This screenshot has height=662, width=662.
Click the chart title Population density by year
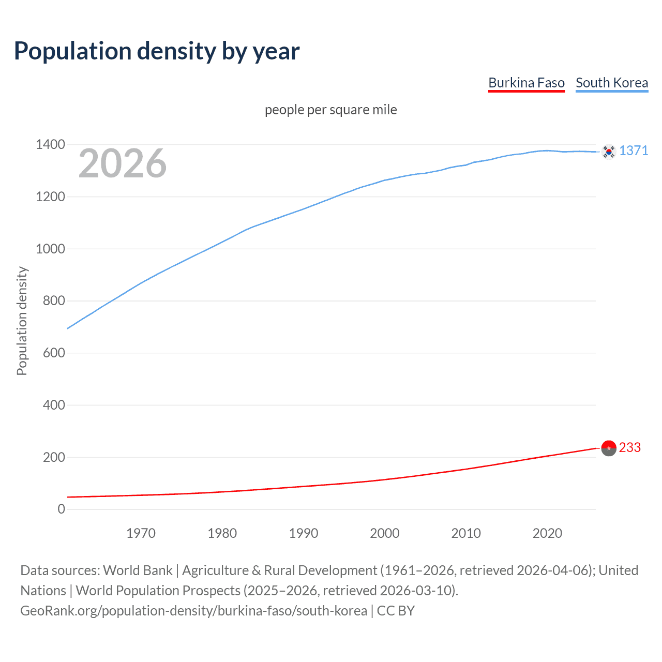157,51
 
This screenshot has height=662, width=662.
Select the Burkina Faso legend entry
526,83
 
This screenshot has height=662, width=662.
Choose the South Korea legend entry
611,83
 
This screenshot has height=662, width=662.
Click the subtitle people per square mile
330,110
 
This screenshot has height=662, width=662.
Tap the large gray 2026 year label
123,163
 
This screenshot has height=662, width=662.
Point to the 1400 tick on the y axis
50,145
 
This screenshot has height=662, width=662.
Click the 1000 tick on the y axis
50,249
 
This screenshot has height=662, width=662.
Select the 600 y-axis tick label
54,353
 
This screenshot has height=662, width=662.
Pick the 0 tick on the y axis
62,509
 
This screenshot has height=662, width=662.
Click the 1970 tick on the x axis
141,533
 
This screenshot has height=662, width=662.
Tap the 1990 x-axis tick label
304,533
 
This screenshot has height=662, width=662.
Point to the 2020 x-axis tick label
547,533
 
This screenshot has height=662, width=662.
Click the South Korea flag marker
609,152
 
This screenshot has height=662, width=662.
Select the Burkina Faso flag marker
609,448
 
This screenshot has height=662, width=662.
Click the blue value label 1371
634,151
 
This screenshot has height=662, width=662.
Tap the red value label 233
629,447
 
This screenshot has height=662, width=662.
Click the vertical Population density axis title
22,321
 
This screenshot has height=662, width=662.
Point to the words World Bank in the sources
138,570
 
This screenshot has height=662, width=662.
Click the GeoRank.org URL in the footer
193,611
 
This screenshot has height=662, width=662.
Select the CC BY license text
396,611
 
